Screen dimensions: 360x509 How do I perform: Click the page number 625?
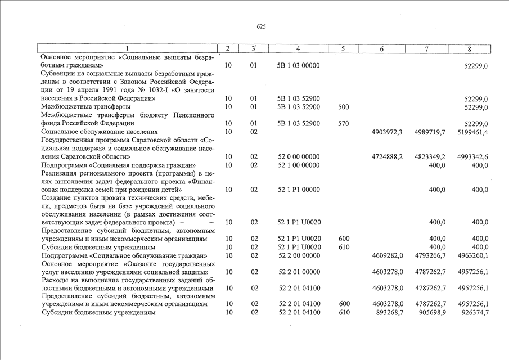[261, 26]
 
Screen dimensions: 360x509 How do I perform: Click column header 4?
[298, 49]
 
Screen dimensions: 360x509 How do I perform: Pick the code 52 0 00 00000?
[299, 156]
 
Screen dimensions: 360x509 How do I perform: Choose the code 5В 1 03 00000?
[299, 65]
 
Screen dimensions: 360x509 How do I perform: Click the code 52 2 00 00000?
[299, 255]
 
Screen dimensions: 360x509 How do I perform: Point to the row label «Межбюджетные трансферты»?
[86, 106]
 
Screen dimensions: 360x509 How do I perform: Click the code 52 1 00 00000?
[299, 165]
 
